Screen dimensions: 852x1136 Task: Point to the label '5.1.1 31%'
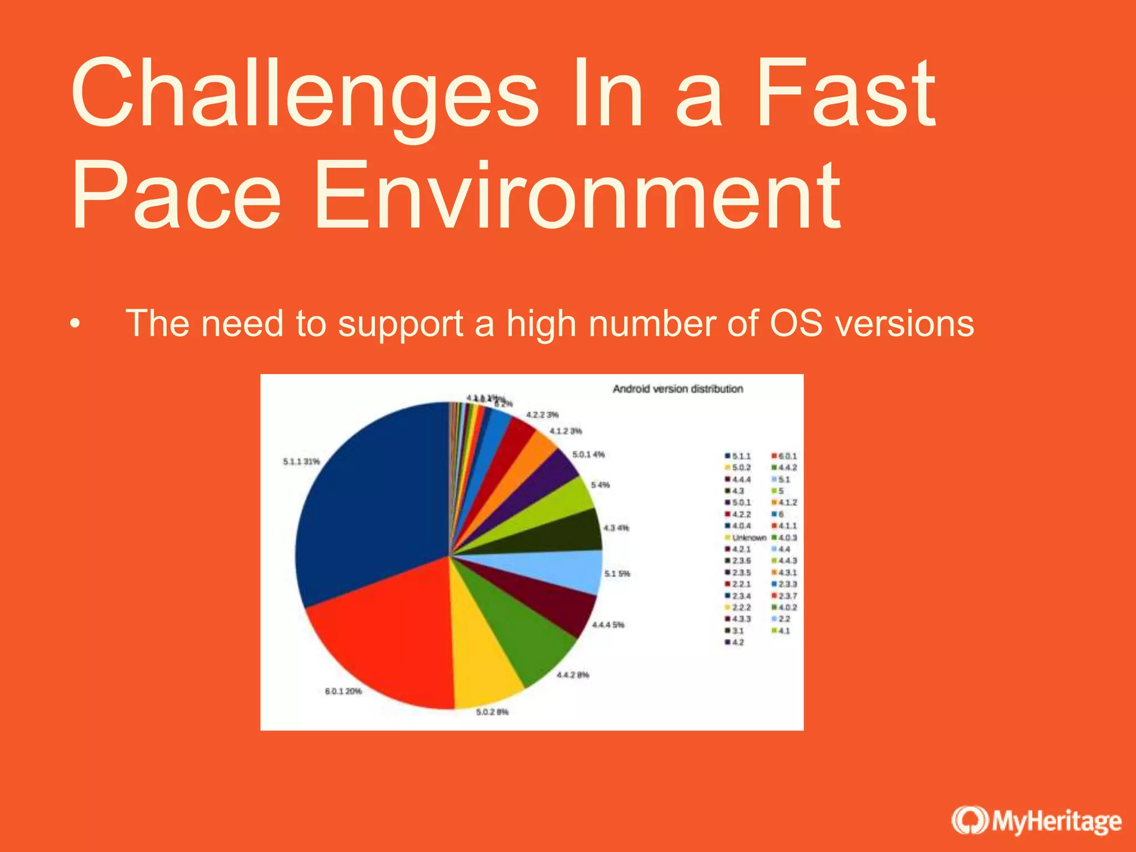click(301, 461)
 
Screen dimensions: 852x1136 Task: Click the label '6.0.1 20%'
click(343, 691)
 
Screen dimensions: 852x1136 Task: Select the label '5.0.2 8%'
click(492, 712)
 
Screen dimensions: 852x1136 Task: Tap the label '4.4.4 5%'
click(608, 625)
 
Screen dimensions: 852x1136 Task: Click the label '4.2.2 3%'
click(542, 415)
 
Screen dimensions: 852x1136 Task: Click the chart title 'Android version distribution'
click(677, 389)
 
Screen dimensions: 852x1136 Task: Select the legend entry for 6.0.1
click(784, 456)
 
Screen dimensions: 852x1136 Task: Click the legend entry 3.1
click(734, 631)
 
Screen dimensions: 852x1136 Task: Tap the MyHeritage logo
click(1036, 821)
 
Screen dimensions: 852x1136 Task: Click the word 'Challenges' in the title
click(304, 94)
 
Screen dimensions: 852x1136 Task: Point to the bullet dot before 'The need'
click(75, 324)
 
